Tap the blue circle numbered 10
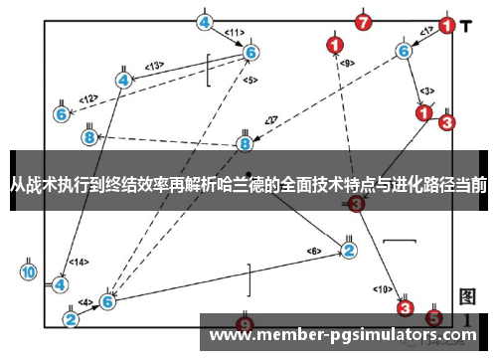(29, 271)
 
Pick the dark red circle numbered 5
(433, 317)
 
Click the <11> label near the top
(235, 32)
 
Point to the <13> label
(154, 66)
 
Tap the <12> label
(89, 98)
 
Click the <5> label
(250, 80)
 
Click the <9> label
(347, 62)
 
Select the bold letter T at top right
(466, 25)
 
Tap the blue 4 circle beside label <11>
(205, 22)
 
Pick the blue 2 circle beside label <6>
(349, 250)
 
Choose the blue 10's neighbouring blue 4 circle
(61, 284)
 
